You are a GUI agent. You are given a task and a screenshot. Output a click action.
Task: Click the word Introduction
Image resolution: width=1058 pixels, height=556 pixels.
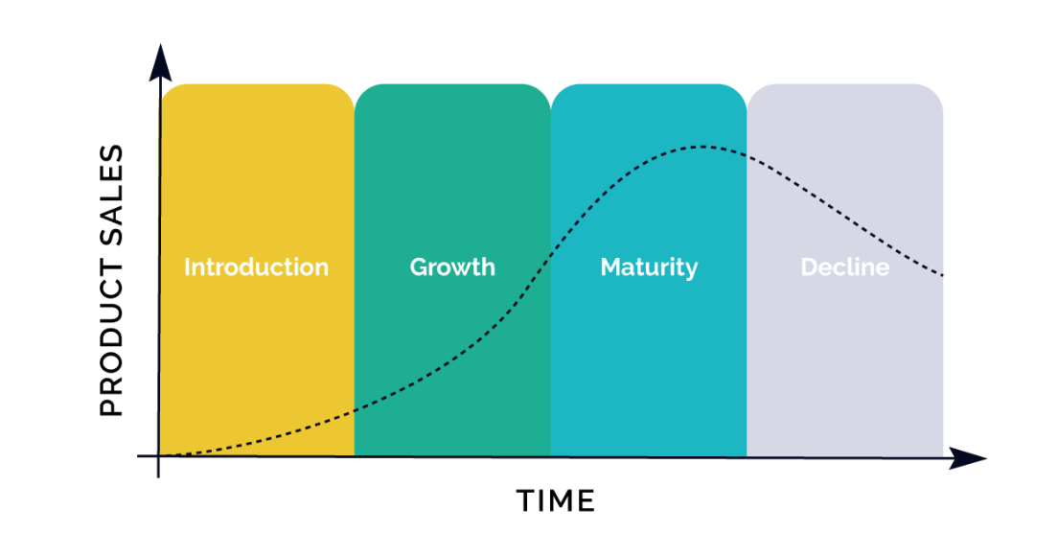[257, 267]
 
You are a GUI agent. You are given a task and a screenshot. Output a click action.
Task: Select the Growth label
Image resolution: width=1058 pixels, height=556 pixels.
[452, 267]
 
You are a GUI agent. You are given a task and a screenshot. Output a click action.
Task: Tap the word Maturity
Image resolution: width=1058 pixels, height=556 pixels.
[649, 267]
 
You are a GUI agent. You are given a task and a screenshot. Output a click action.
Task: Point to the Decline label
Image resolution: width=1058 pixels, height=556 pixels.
[845, 267]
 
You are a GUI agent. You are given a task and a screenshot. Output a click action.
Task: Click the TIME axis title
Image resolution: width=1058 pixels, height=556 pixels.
[556, 501]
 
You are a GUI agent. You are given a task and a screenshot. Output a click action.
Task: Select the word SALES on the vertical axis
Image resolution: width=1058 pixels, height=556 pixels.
[112, 195]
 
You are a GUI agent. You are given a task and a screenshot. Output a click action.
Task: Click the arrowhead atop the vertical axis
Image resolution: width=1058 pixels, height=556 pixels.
[161, 62]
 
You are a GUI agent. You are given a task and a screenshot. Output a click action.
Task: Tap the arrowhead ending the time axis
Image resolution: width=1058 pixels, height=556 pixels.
[968, 458]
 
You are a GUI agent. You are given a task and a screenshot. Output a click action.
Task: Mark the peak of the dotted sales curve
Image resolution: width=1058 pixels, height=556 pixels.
[701, 147]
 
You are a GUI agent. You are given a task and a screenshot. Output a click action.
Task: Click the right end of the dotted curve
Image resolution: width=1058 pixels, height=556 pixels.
[941, 274]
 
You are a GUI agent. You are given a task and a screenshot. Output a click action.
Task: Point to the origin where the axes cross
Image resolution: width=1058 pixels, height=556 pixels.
[158, 457]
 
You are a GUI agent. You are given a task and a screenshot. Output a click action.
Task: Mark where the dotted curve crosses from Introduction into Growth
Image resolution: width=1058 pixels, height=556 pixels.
[355, 410]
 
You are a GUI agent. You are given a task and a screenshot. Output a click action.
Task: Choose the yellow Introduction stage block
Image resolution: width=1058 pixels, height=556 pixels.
[257, 270]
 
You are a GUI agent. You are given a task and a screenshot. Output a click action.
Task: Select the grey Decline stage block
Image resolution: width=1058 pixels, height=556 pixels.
[845, 270]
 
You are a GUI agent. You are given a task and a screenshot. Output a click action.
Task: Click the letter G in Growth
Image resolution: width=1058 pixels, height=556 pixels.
[419, 267]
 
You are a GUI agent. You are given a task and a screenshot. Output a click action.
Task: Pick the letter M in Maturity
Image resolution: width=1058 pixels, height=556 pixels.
[612, 267]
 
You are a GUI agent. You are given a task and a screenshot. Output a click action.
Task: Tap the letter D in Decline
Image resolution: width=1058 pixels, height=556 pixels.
[810, 267]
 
